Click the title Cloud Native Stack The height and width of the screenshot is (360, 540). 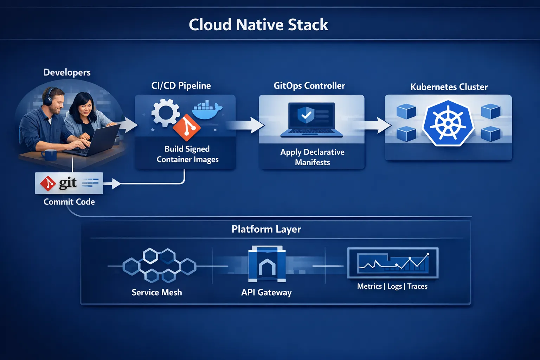tap(258, 25)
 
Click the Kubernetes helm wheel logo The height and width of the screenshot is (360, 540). tap(448, 123)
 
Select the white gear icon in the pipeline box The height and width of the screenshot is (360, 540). tap(165, 112)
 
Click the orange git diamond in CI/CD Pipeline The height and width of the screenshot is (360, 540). tap(187, 128)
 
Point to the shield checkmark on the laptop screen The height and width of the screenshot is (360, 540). tap(306, 115)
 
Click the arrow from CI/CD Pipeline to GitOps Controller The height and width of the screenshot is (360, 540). tap(246, 126)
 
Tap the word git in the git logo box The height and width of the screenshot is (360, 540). tap(68, 183)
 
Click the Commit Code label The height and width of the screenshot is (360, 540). tap(69, 202)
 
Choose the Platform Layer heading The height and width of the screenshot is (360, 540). tap(266, 229)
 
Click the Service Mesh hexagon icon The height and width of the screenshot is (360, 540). tap(159, 266)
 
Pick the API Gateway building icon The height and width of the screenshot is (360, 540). tap(267, 264)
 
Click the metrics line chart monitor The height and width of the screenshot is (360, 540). tap(393, 263)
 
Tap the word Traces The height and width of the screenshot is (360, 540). tap(417, 287)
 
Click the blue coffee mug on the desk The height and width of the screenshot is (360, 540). tap(49, 155)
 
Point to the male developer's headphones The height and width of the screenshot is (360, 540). tap(47, 97)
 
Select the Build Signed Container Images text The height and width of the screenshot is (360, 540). tap(187, 154)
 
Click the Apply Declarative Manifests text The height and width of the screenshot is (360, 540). tap(312, 157)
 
